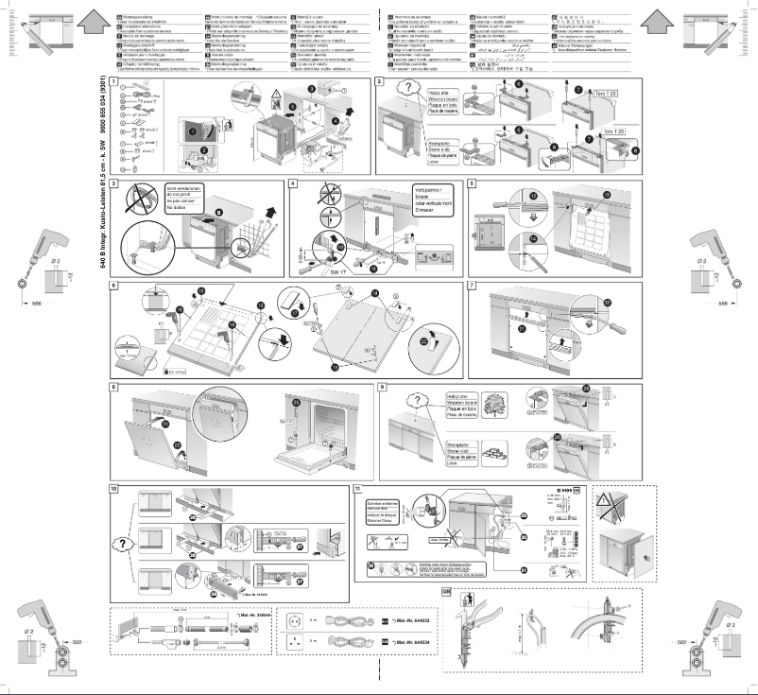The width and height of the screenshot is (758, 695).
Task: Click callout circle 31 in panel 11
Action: coord(522,569)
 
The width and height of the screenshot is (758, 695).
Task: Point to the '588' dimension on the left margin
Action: coord(35,306)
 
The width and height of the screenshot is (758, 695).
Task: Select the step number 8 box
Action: coord(114,387)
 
